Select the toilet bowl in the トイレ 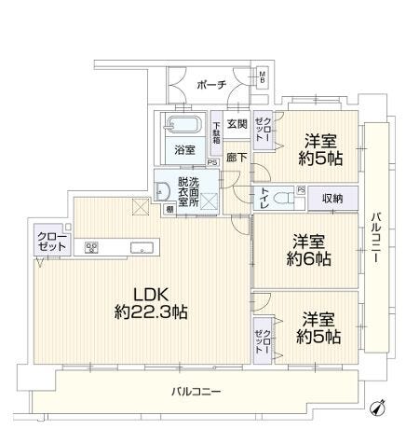click(x=283, y=199)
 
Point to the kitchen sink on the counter click(x=142, y=248)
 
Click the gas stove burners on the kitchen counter click(x=91, y=247)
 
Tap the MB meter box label click(x=263, y=76)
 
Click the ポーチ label click(x=211, y=85)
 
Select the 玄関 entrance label click(x=237, y=124)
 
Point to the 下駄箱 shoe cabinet click(x=216, y=133)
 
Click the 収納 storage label click(x=332, y=198)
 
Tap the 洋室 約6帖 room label click(x=308, y=250)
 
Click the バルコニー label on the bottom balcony click(x=196, y=391)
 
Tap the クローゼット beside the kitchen click(x=52, y=241)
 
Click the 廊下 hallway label click(x=237, y=159)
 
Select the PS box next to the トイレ click(x=301, y=189)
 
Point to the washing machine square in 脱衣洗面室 click(x=209, y=201)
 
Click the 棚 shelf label click(x=169, y=209)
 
